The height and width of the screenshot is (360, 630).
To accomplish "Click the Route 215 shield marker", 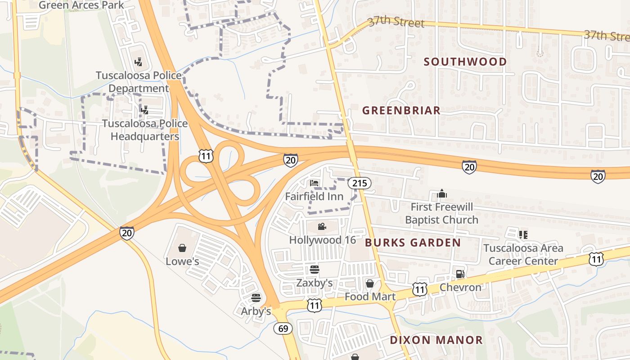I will pos(359,183).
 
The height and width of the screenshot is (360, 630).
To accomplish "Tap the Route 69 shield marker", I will pos(283,328).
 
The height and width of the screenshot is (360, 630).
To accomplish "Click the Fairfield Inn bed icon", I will pos(314,183).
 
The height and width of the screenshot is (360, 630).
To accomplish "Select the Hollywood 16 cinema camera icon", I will pos(322,226).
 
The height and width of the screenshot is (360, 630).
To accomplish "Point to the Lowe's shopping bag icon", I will pos(182,248).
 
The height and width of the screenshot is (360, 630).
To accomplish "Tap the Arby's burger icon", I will pos(256,297).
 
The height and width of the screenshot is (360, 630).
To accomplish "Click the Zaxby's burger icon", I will pos(315,270).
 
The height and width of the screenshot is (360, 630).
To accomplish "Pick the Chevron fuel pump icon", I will pos(459,274).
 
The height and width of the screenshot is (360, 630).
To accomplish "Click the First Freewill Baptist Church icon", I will pos(442,193).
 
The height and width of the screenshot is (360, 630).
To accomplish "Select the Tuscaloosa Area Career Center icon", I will pos(523,234).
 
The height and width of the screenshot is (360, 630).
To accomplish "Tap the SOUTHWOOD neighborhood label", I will pos(465,62).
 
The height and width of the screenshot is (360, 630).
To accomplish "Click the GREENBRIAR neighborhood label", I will pos(401,110).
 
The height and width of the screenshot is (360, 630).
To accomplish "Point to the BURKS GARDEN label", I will pos(413,243).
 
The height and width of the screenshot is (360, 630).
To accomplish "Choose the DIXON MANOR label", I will pos(436,340).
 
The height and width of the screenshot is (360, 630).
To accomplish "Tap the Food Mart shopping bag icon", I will pos(369,283).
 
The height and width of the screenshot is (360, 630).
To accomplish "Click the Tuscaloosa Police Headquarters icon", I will pos(145,109).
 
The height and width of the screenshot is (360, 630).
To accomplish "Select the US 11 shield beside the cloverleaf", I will pos(206,156).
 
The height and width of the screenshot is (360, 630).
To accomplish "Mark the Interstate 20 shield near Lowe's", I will pos(127,233).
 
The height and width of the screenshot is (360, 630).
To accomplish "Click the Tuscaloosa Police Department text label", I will pos(138,81).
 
